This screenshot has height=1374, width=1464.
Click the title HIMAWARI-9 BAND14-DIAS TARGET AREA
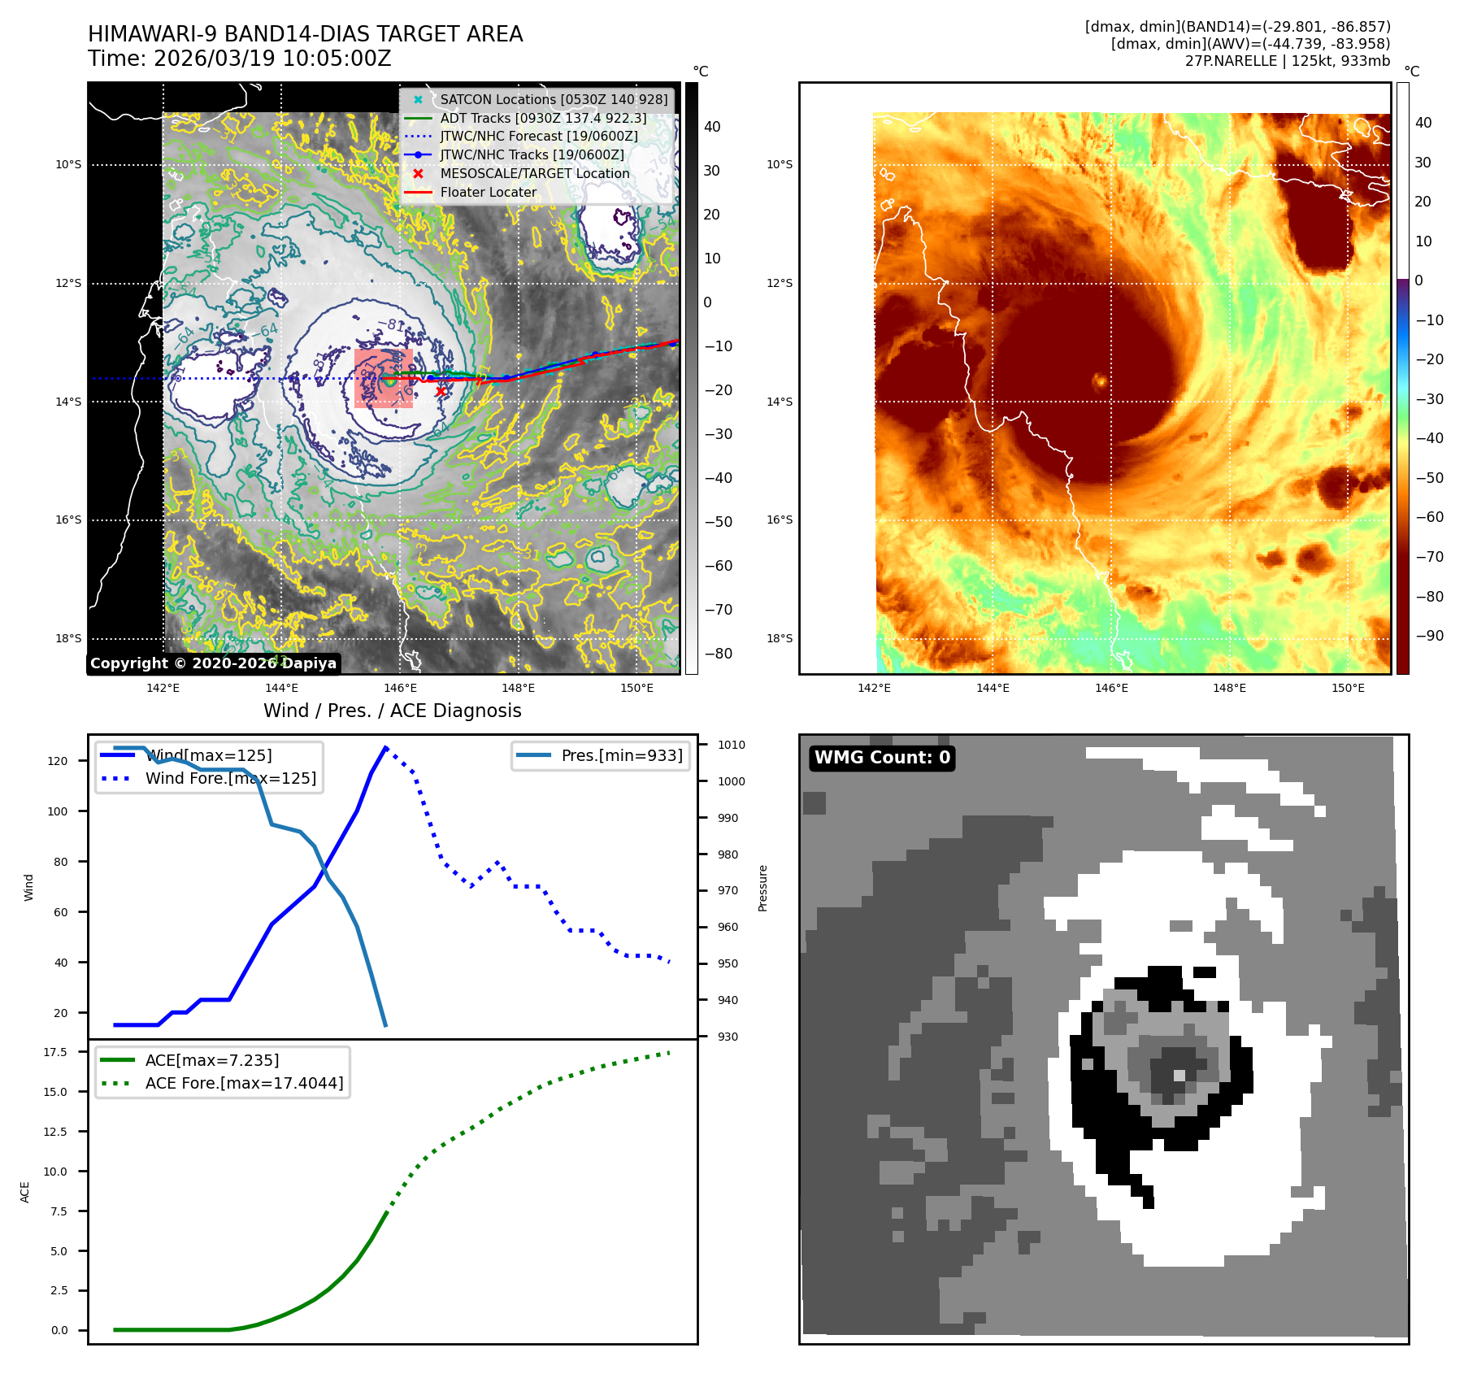[305, 34]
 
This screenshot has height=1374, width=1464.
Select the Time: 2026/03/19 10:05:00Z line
[240, 59]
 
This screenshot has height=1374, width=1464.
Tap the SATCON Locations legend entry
[554, 99]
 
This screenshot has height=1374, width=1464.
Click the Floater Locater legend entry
[488, 192]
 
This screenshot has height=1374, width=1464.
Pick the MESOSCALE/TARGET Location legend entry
[534, 173]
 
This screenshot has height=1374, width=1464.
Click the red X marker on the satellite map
[441, 391]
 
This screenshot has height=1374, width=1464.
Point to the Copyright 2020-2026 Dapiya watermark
[213, 663]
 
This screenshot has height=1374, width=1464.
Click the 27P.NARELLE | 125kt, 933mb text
[1287, 61]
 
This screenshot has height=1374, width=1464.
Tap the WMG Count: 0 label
[882, 758]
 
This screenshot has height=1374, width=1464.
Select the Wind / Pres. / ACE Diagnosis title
[392, 711]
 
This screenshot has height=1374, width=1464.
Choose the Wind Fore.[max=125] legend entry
[231, 778]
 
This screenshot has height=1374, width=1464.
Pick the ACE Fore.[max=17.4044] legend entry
[244, 1083]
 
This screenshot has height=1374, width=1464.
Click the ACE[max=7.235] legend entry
[212, 1060]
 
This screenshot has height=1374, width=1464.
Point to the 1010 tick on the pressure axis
[731, 745]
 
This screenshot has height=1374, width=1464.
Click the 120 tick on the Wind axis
[58, 761]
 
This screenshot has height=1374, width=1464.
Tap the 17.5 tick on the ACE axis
[55, 1052]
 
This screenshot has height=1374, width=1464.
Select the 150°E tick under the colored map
[1348, 688]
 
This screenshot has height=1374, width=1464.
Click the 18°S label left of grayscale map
[68, 638]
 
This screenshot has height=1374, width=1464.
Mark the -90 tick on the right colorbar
[1429, 636]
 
